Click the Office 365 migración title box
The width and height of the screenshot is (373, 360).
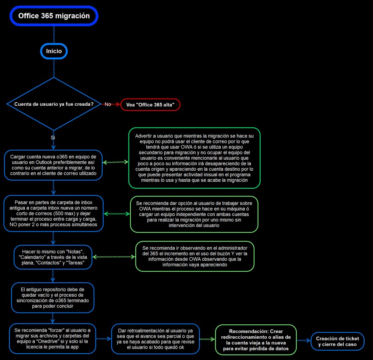[54, 16]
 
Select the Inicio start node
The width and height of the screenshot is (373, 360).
[54, 51]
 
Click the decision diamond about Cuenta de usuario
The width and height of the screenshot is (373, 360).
[54, 104]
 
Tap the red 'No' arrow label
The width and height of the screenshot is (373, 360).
[108, 104]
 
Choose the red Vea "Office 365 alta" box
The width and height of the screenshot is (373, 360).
[150, 105]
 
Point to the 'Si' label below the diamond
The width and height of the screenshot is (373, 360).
[53, 138]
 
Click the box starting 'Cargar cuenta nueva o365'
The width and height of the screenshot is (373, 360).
[53, 165]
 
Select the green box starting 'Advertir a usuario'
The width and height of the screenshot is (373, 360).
[194, 158]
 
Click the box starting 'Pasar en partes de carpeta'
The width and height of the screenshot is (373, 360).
[53, 214]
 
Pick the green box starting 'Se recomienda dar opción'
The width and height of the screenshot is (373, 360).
[194, 214]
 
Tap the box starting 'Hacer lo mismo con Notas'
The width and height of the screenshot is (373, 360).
[53, 257]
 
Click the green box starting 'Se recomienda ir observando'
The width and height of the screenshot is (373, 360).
[195, 256]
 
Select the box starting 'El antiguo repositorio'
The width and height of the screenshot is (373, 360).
[53, 298]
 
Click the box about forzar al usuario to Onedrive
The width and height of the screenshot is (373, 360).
[52, 339]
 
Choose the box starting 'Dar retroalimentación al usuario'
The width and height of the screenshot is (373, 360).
[155, 339]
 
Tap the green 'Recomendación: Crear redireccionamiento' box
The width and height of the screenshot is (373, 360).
[256, 340]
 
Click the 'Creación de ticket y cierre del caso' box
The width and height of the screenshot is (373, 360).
[337, 341]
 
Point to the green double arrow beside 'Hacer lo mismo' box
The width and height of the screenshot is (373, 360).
[114, 257]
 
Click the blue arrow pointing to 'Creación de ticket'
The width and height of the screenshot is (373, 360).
[303, 340]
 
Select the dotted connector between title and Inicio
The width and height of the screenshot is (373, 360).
[54, 34]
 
